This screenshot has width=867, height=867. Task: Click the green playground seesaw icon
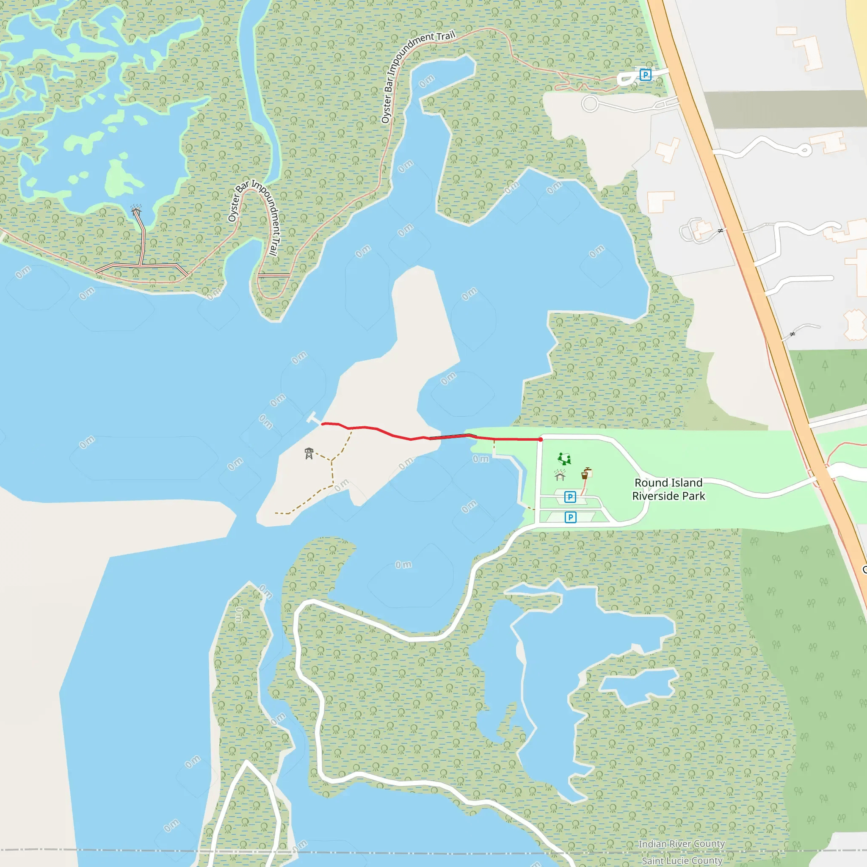point(564,458)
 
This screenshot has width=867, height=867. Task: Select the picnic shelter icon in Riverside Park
point(560,475)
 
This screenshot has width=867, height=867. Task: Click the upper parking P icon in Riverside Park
point(570,497)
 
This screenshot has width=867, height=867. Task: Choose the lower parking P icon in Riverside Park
point(570,517)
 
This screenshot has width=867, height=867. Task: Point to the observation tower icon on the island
point(309,453)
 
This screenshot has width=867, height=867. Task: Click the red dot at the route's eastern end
point(540,439)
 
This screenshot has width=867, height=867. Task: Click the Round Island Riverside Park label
point(668,489)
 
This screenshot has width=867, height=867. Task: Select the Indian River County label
point(681,844)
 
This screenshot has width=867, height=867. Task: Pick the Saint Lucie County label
point(682,860)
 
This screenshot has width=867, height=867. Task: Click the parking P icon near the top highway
point(645,75)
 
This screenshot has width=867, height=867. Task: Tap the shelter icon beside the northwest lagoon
point(136,210)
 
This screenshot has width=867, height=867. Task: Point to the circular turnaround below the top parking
point(590,104)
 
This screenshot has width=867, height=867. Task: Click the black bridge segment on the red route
point(451,436)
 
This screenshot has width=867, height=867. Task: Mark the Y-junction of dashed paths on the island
point(331,460)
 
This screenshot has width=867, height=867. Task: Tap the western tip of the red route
point(323,423)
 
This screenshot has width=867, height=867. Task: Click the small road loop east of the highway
point(805,150)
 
